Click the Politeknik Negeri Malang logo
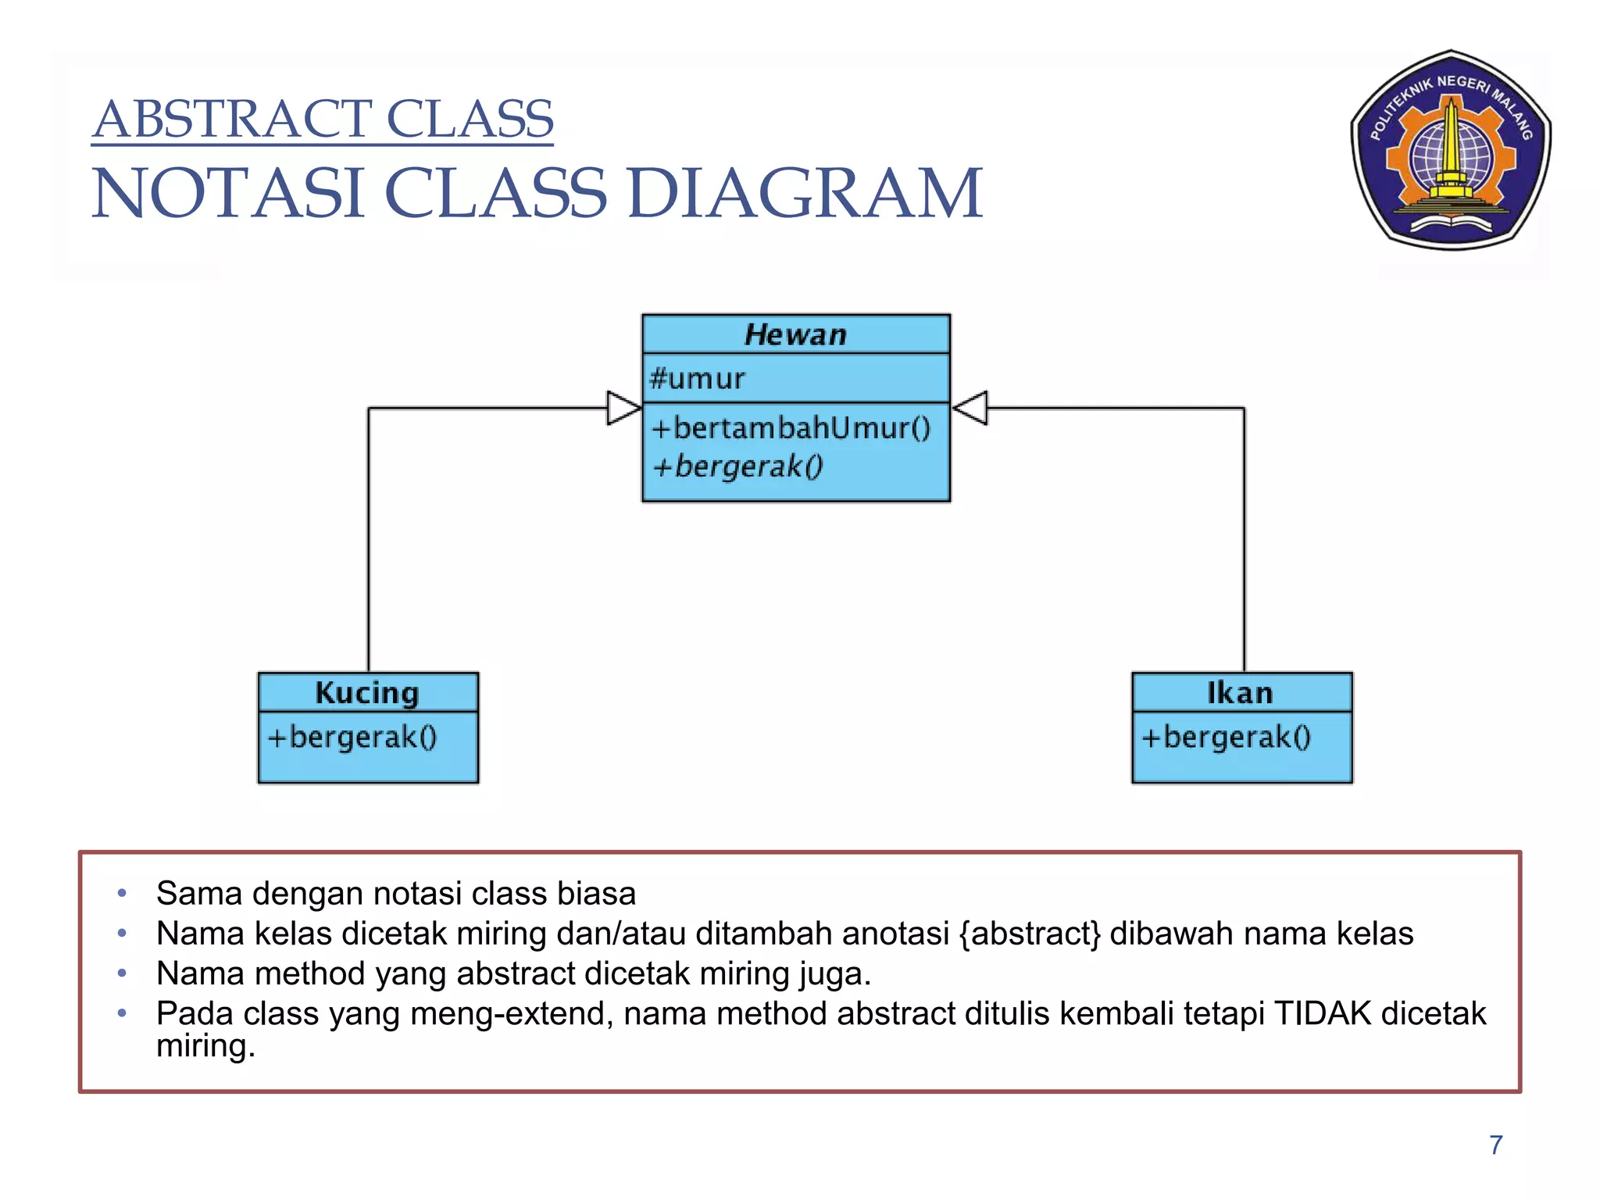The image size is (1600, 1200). click(1451, 150)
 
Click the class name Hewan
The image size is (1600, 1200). click(795, 334)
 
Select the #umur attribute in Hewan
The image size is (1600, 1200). click(697, 379)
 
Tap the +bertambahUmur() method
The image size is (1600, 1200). click(791, 428)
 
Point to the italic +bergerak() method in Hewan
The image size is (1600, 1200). click(737, 466)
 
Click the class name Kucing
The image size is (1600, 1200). click(367, 693)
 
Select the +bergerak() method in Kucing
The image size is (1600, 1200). click(352, 737)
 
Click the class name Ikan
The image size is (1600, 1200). click(1240, 693)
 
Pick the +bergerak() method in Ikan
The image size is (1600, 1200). click(1226, 737)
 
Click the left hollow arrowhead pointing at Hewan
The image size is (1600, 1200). click(623, 408)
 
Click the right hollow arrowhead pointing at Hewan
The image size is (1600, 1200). click(971, 408)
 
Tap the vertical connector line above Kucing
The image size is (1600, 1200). click(369, 547)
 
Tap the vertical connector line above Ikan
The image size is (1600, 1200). click(1245, 547)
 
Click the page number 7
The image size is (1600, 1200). click(1495, 1145)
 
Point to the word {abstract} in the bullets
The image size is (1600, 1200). click(1030, 934)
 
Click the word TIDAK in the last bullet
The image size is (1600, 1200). click(1322, 1013)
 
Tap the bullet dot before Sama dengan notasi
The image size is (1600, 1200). click(122, 893)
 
